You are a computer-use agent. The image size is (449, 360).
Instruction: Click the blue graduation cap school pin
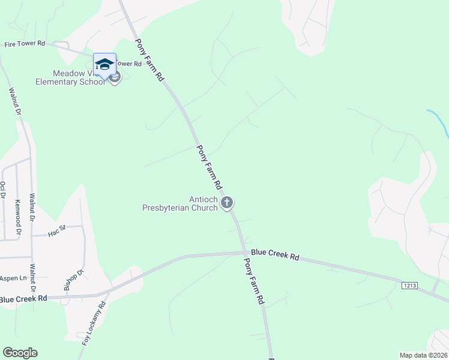pos(104,65)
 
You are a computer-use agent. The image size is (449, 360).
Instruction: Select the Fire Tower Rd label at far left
pos(25,44)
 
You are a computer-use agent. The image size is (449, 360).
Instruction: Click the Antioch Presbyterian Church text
pos(179,204)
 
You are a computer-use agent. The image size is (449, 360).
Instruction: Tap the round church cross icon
pos(227,203)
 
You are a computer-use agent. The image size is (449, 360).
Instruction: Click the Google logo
pos(20,353)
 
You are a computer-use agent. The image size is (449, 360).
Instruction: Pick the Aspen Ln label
pos(13,278)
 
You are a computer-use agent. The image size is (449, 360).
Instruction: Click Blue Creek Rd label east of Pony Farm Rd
pos(275,255)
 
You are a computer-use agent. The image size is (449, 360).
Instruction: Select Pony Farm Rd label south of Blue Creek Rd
pos(253,280)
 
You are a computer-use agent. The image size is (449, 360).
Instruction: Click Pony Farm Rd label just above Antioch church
pos(210,166)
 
